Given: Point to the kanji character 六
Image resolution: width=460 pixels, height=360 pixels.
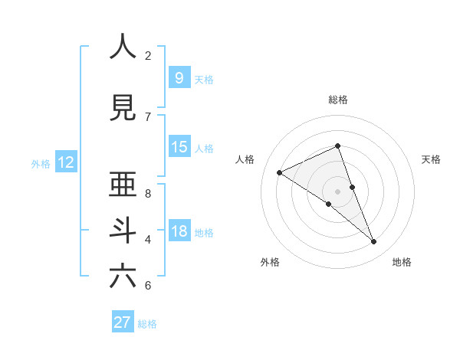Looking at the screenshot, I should [x=123, y=275].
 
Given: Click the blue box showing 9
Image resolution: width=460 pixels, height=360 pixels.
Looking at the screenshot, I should [x=179, y=77].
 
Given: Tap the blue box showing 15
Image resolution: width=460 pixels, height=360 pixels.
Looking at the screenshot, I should [x=179, y=147].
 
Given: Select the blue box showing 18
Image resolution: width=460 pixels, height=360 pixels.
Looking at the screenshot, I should [x=179, y=231].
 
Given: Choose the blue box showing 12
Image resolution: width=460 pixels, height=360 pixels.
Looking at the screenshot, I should [x=65, y=162].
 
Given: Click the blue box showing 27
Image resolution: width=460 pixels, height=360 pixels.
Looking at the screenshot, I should [x=123, y=322].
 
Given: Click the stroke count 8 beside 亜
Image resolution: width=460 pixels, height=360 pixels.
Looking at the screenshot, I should [x=148, y=193].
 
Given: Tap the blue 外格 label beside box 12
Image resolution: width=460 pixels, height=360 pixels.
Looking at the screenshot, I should [x=41, y=163].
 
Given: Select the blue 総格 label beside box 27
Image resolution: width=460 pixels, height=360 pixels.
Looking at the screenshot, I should [x=147, y=324].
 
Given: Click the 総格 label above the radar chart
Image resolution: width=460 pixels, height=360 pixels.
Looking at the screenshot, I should [x=338, y=100].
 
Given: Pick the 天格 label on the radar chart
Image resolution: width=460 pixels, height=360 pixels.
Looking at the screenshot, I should [x=432, y=159].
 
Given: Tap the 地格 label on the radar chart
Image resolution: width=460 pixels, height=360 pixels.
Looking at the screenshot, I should [x=402, y=262].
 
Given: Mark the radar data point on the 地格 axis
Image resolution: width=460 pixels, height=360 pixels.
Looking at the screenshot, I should [x=374, y=242].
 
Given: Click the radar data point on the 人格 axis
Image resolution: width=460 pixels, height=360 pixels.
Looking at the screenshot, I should [x=279, y=172].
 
